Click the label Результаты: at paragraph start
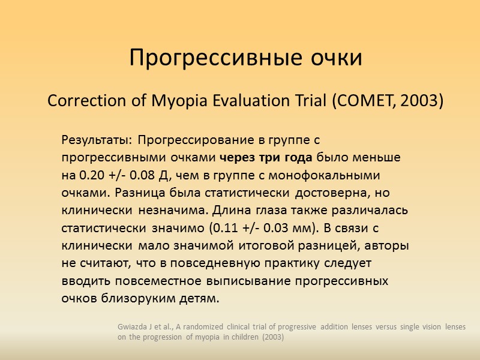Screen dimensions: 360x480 point(97,140)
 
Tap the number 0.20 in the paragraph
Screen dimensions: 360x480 point(91,176)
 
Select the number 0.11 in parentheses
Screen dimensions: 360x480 point(223,229)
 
